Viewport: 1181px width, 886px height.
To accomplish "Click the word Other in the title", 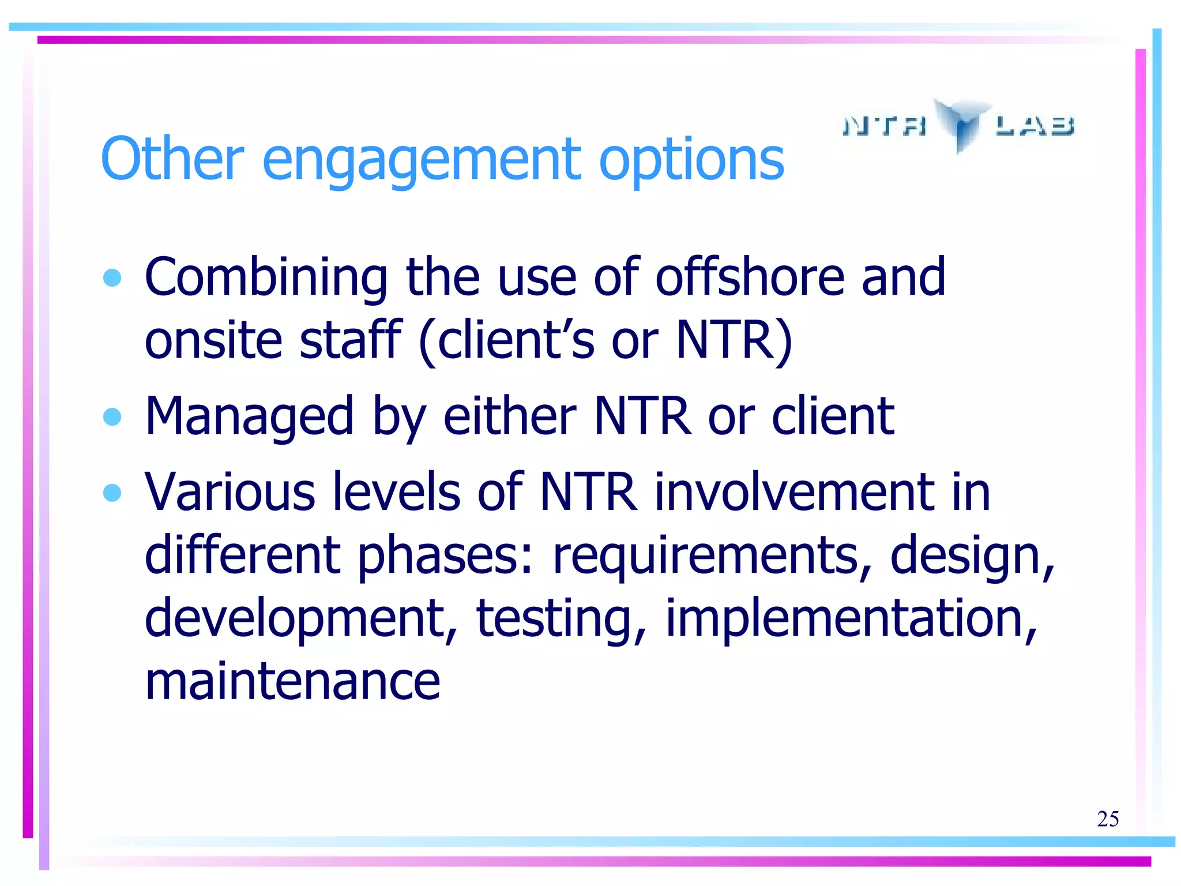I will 172,159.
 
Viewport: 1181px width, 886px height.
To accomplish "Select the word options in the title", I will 691,160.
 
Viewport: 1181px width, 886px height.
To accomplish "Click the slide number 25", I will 1107,819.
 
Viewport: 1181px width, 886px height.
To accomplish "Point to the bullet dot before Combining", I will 112,278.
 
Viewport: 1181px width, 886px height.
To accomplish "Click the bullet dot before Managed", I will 112,416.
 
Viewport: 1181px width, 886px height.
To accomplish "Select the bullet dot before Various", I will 112,493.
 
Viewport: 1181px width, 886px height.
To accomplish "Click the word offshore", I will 749,277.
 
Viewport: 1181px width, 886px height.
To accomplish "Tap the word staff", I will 350,340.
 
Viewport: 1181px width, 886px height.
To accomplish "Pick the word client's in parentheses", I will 516,340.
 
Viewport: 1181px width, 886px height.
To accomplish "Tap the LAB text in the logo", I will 1035,125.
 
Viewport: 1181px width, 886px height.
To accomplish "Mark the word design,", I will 972,556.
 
